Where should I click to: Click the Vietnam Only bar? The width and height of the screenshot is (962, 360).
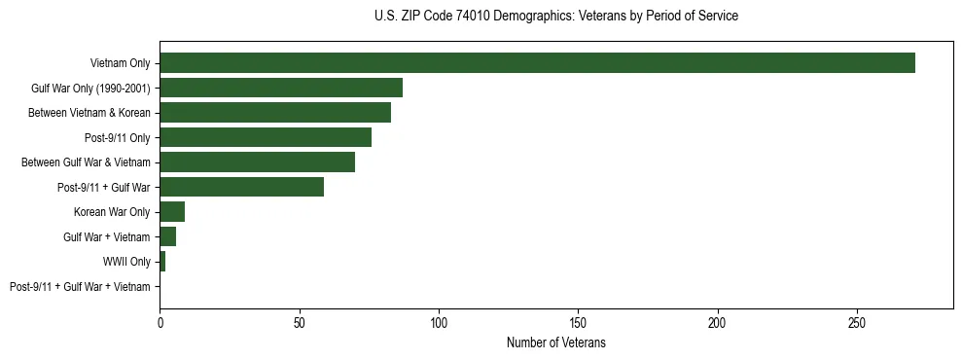[x=537, y=62]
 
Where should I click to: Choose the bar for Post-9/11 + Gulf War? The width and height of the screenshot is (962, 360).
[x=241, y=187]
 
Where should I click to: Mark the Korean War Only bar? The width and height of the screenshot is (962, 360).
[x=172, y=212]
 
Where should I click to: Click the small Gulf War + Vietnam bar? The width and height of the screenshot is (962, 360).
[x=168, y=237]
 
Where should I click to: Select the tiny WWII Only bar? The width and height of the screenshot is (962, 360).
[x=162, y=262]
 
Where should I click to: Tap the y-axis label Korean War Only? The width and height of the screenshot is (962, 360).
[x=112, y=212]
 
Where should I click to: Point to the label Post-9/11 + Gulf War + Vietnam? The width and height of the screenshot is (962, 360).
[x=80, y=287]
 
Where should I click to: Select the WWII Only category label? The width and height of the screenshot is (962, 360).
[x=126, y=262]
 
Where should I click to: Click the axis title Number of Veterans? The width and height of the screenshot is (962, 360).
[x=556, y=343]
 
